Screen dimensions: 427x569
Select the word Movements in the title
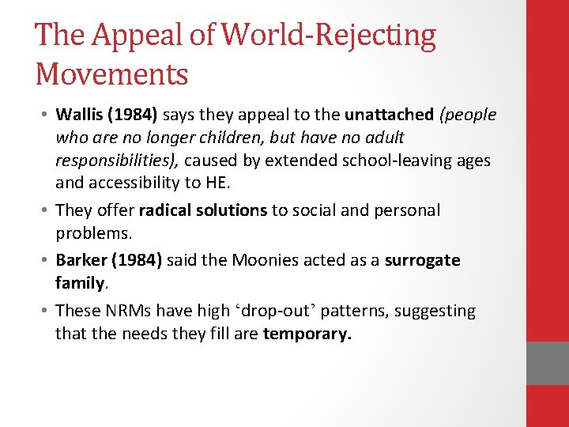click(x=111, y=75)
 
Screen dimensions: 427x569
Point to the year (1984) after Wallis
click(x=134, y=115)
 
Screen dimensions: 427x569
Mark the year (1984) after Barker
click(x=137, y=260)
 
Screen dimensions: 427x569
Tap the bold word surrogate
click(x=423, y=260)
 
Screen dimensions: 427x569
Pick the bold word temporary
click(x=307, y=334)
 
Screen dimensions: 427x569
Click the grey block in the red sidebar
click(x=548, y=363)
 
